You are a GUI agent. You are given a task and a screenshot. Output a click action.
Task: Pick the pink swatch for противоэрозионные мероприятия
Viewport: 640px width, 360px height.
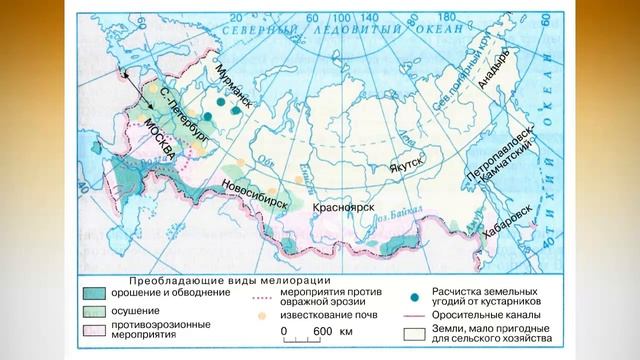click(x=96, y=329)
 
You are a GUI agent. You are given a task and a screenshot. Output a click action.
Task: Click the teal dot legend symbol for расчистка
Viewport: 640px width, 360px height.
click(x=412, y=295)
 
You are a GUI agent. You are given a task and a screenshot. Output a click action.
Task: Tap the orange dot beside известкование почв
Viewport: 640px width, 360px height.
click(x=263, y=315)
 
